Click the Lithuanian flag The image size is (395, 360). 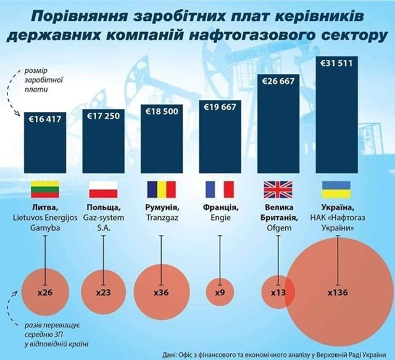44,189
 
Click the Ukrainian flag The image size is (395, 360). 338,189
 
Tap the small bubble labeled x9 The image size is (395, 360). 220,292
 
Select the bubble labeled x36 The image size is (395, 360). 162,292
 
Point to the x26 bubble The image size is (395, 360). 44,292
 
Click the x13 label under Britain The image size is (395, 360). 278,292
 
